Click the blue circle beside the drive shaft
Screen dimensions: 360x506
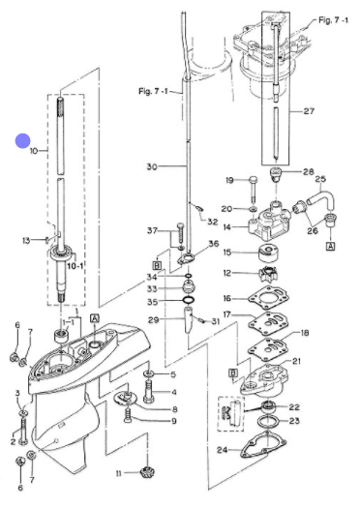pyautogui.click(x=22, y=141)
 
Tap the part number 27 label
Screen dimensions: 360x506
pyautogui.click(x=309, y=111)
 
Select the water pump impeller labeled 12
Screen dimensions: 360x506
pyautogui.click(x=268, y=275)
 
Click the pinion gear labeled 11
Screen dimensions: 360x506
pyautogui.click(x=147, y=472)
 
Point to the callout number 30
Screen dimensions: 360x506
pyautogui.click(x=152, y=166)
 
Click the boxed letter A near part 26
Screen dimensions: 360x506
pyautogui.click(x=331, y=246)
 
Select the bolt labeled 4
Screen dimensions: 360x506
pyautogui.click(x=148, y=391)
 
